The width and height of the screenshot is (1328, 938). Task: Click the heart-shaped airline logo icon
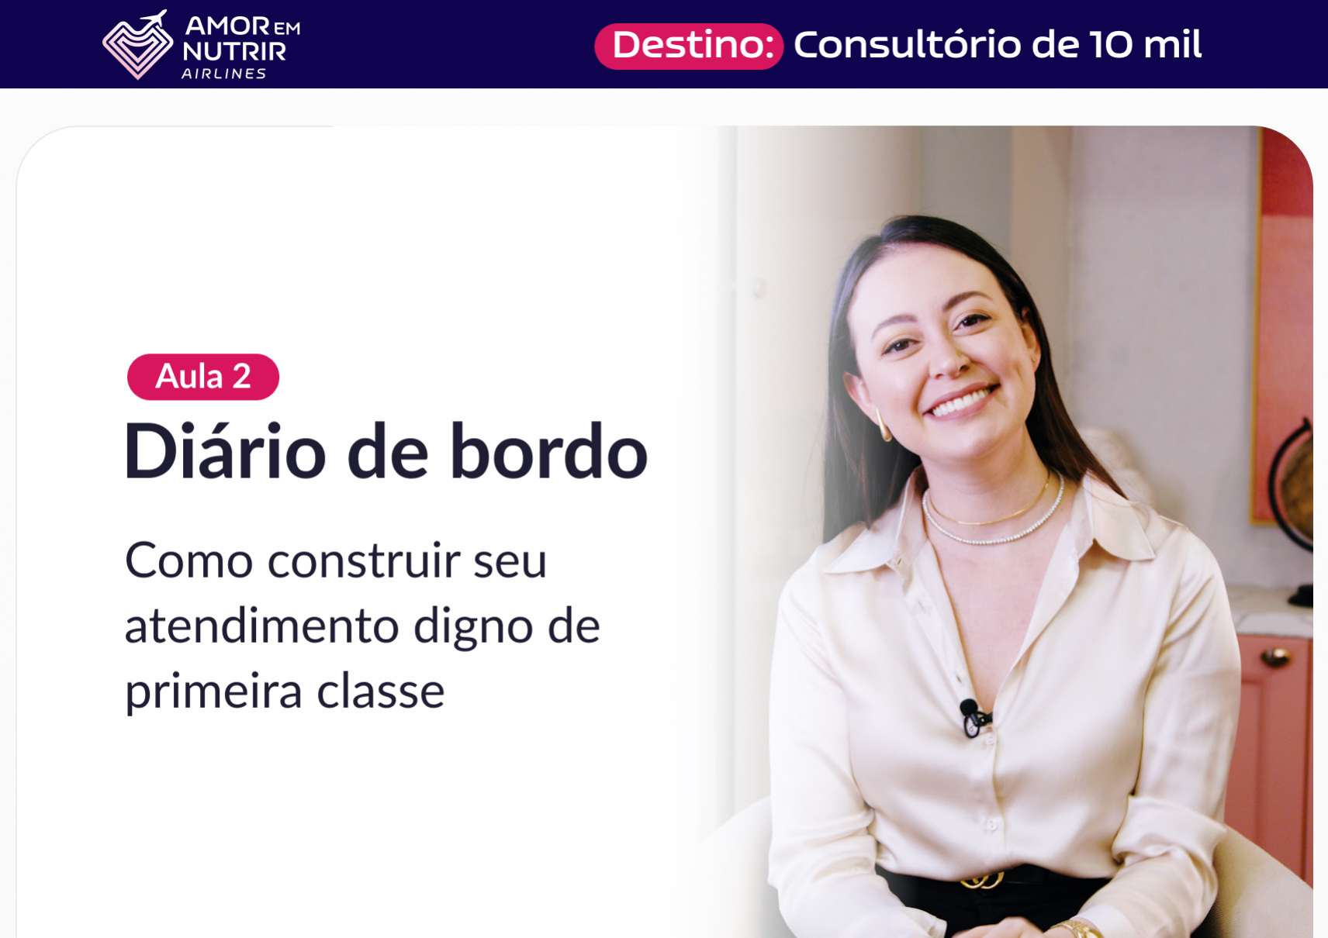tap(137, 46)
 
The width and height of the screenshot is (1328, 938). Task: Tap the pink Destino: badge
tap(689, 47)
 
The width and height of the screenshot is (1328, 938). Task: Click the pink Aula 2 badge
tap(202, 377)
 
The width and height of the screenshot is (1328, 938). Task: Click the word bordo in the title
tap(548, 450)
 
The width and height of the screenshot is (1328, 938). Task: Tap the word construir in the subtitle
tap(364, 560)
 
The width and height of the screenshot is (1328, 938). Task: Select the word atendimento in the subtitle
tap(262, 626)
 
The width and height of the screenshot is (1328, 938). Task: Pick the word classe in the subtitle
tap(381, 691)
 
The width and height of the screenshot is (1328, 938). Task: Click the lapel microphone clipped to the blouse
tap(974, 717)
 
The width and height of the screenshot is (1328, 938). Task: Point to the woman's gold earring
tap(883, 425)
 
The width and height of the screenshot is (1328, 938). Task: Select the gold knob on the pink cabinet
tap(1274, 657)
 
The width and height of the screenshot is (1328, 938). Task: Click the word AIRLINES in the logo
tap(223, 74)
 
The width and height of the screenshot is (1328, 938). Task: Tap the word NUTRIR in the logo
tap(234, 52)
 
